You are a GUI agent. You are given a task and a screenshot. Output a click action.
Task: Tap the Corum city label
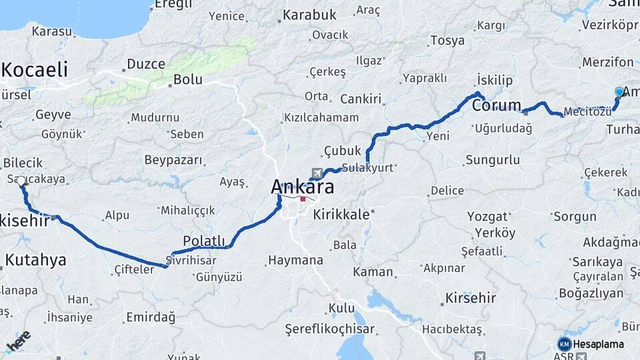[x=496, y=105]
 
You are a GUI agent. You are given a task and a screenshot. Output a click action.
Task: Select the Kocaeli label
[x=35, y=69]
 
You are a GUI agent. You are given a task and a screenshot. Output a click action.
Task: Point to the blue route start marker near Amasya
[x=619, y=92]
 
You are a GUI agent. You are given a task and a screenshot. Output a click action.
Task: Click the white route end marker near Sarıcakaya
[x=21, y=181]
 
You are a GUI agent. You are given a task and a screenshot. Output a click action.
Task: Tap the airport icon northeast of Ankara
[x=316, y=172]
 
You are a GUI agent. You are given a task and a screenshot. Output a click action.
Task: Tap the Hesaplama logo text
[x=598, y=344]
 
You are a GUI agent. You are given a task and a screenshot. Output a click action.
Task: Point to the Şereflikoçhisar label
[x=329, y=329]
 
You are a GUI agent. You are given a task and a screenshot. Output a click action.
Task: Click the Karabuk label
[x=309, y=15]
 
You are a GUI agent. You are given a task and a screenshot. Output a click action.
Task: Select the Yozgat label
[x=487, y=216]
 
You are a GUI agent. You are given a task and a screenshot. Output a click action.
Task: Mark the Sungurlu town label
[x=492, y=160]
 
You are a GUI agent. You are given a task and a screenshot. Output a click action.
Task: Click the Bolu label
[x=187, y=79]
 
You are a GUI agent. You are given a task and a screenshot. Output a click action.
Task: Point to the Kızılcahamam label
[x=321, y=117]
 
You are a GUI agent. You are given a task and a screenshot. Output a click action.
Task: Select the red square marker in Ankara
[x=303, y=199]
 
